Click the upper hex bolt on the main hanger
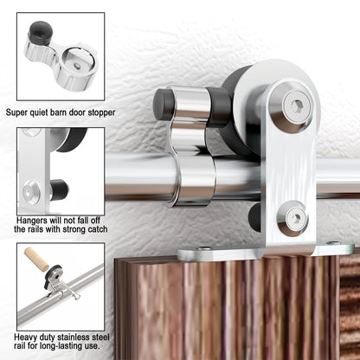(x=295, y=106)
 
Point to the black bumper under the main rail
(x=256, y=215)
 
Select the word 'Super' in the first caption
(x=20, y=112)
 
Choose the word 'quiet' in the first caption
(x=47, y=112)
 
